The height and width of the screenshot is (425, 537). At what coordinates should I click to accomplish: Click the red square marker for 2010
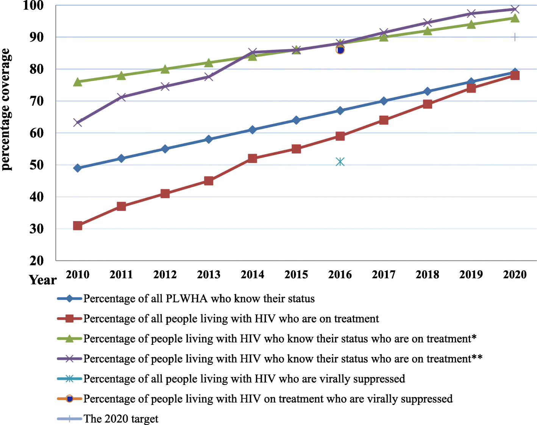(x=78, y=226)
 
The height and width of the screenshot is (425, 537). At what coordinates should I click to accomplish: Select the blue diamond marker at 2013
(x=209, y=139)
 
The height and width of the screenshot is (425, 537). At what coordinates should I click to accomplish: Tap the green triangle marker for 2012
(x=165, y=69)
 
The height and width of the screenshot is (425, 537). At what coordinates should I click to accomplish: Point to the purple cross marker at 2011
(x=121, y=97)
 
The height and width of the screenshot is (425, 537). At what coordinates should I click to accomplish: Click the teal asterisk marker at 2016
(x=340, y=162)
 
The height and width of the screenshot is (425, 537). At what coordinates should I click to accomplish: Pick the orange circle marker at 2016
(x=340, y=50)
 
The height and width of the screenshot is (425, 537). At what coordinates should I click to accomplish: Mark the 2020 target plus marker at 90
(x=515, y=37)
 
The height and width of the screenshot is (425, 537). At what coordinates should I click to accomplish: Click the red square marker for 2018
(x=428, y=104)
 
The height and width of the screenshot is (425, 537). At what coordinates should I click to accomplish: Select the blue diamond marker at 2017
(x=384, y=101)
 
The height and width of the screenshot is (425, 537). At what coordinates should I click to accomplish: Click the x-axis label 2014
(x=253, y=275)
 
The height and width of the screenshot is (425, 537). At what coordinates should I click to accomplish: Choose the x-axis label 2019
(x=471, y=275)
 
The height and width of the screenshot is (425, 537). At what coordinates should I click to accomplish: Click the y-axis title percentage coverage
(x=6, y=110)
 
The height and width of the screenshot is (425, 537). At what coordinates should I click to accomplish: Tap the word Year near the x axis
(x=43, y=280)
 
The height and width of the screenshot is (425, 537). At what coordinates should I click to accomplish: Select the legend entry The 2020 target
(x=121, y=419)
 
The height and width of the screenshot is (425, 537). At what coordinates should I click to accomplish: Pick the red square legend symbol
(x=69, y=319)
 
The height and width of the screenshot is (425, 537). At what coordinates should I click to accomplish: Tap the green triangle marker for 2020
(x=515, y=18)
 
